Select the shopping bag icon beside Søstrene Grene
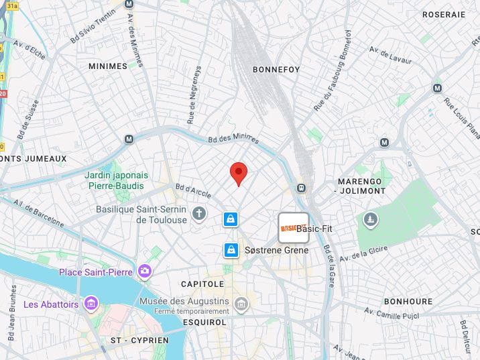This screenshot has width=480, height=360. coord(231,250)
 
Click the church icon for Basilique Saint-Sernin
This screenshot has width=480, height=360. coord(198,214)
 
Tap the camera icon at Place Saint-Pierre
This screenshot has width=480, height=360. coord(144,272)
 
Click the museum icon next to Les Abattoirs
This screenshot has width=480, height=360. coord(91,304)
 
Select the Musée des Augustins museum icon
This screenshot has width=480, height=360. coord(241,305)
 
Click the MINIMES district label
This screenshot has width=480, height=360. coord(107,66)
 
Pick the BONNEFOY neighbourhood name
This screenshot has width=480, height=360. coord(276,70)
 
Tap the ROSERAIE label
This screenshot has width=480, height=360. coord(443,14)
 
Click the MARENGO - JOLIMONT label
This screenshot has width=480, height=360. coord(360,186)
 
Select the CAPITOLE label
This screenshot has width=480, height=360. coord(202,284)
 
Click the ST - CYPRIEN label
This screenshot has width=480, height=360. coord(139,341)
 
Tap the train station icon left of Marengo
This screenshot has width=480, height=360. coord(302,188)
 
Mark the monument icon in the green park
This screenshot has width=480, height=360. coord(370,219)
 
